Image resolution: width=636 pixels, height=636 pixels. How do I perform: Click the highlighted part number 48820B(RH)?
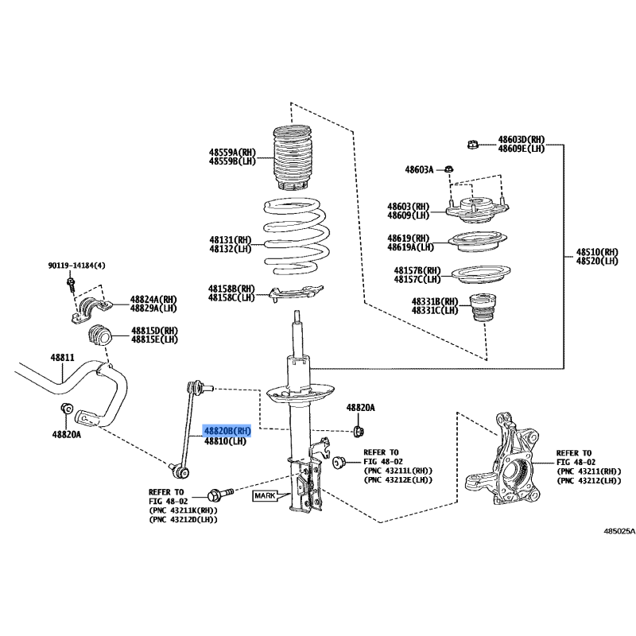click(x=227, y=431)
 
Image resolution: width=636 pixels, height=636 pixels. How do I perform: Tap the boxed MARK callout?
click(x=265, y=495)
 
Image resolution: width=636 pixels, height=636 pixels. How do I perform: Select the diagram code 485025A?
click(x=619, y=531)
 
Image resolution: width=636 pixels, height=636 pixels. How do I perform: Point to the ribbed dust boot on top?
click(x=293, y=157)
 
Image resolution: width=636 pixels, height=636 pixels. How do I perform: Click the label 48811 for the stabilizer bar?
click(x=63, y=357)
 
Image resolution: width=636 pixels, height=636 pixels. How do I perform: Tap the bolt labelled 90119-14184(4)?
click(x=71, y=284)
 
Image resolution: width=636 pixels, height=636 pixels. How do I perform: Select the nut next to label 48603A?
click(x=448, y=169)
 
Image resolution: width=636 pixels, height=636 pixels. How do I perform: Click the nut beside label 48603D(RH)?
click(x=472, y=145)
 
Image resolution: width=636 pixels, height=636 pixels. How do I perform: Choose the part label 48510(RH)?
click(x=597, y=252)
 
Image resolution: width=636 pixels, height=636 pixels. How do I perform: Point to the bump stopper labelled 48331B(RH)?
click(x=483, y=308)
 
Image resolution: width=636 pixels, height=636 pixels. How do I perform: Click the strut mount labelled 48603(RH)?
click(x=477, y=209)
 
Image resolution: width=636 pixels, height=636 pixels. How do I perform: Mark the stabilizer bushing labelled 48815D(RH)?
click(x=99, y=336)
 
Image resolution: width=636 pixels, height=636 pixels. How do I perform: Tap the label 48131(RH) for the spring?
click(x=231, y=240)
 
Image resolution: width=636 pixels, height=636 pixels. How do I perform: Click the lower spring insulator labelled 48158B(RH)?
click(x=296, y=293)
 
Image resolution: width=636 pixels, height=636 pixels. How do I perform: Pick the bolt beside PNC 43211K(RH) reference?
click(x=220, y=494)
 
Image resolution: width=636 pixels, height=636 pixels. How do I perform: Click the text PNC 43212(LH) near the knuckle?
click(x=589, y=481)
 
